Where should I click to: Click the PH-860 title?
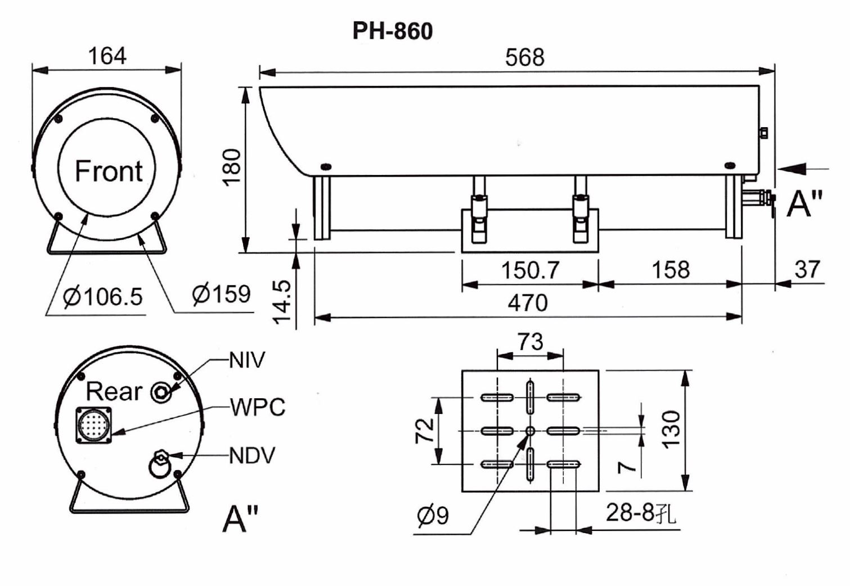click(x=392, y=31)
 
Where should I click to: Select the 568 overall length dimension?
click(x=524, y=58)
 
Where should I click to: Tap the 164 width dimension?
click(x=107, y=56)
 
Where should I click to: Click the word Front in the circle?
click(x=109, y=171)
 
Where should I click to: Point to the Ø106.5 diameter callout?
click(x=103, y=296)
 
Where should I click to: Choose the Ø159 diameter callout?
click(x=221, y=294)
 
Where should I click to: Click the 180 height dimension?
click(x=232, y=168)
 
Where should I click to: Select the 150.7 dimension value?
click(x=530, y=270)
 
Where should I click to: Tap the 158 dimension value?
click(x=671, y=270)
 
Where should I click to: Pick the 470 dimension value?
click(x=528, y=303)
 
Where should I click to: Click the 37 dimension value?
click(x=807, y=269)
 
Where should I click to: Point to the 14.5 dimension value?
click(x=282, y=302)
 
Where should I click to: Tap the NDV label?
click(x=252, y=456)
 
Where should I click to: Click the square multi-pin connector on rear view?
click(x=94, y=425)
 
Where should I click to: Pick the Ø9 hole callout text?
click(x=433, y=516)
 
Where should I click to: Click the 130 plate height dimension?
click(x=671, y=430)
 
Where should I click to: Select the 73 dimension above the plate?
click(x=530, y=341)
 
